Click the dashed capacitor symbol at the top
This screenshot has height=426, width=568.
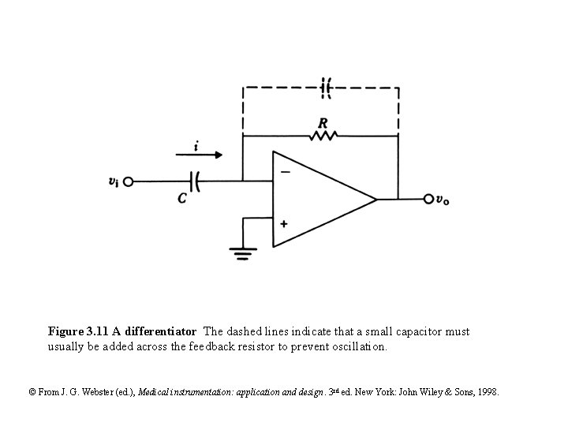326,88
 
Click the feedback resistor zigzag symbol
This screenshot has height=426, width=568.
323,136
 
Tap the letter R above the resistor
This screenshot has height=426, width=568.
323,123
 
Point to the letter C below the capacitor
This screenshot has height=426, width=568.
182,199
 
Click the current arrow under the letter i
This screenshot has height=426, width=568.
201,155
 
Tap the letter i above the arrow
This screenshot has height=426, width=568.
196,145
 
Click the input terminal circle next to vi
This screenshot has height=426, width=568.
129,181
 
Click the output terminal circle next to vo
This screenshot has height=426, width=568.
428,199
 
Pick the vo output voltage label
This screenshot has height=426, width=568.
444,200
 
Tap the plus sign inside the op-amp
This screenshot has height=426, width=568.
284,223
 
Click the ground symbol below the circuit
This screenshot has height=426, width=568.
243,252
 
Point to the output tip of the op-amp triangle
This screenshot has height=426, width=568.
376,199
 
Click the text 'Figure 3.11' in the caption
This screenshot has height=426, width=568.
76,331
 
